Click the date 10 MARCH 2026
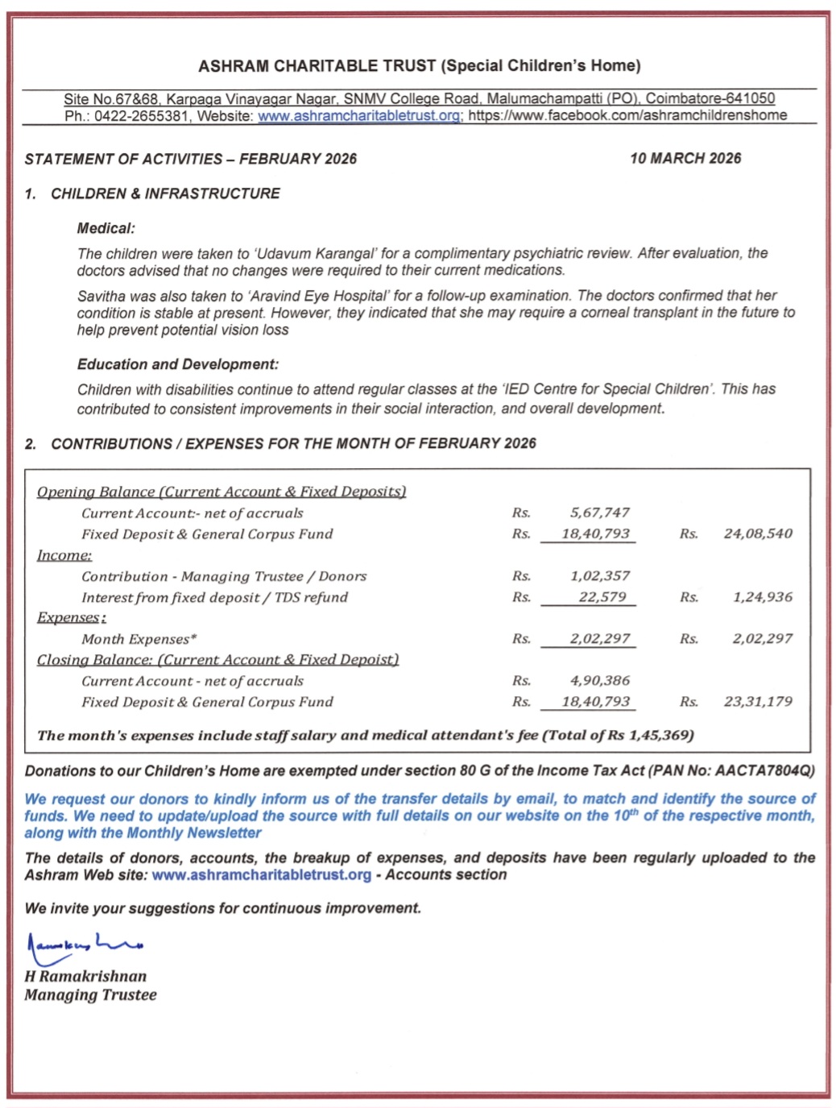point(685,159)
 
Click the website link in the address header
point(359,116)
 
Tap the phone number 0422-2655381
point(142,116)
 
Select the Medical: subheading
point(106,229)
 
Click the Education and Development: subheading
point(178,365)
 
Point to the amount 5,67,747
point(599,513)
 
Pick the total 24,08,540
point(757,534)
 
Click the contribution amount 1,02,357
point(599,576)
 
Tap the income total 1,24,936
point(762,597)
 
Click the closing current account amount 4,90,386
point(599,681)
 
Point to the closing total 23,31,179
point(757,702)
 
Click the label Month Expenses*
point(139,640)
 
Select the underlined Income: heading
point(64,555)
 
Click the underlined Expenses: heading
point(71,618)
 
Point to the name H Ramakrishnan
point(85,977)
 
